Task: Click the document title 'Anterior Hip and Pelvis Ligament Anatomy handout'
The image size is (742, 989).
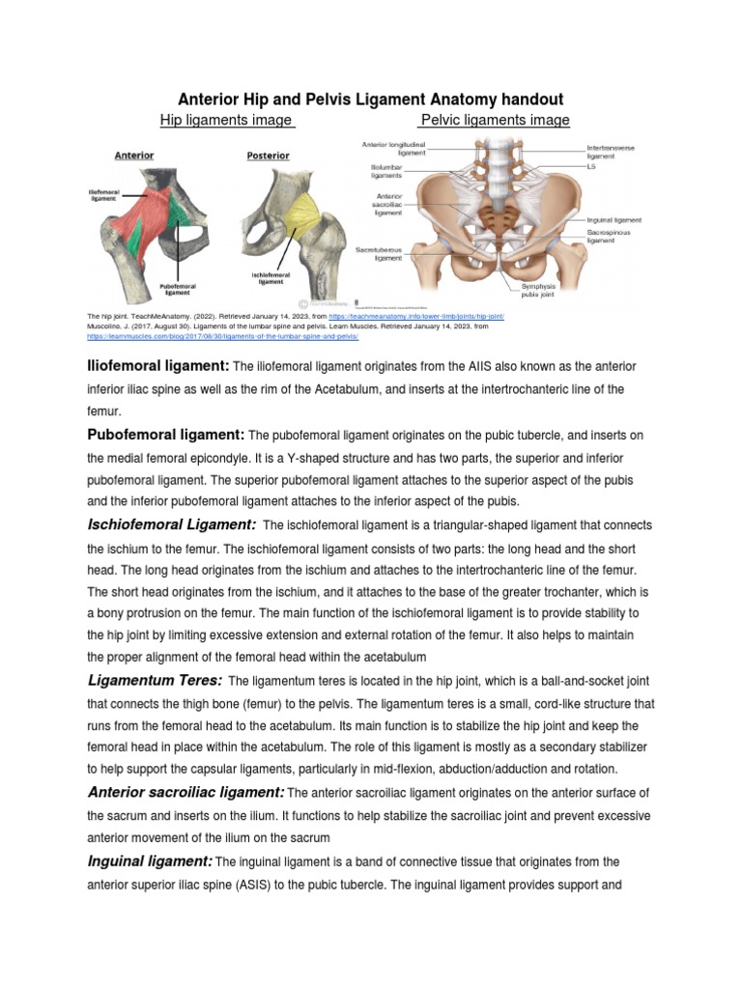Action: [371, 99]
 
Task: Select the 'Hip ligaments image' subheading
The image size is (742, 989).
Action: [226, 120]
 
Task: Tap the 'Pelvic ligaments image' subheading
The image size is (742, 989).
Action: [493, 120]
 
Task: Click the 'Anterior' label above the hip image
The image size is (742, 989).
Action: [134, 155]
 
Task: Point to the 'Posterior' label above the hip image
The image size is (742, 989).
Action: [268, 155]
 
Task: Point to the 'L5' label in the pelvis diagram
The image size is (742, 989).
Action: [593, 166]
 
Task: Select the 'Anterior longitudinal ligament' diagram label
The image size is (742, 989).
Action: [395, 149]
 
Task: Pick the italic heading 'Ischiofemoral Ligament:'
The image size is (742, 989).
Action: [171, 523]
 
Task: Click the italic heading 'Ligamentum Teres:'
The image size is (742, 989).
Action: [155, 680]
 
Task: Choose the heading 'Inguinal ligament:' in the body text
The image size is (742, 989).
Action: [150, 861]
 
